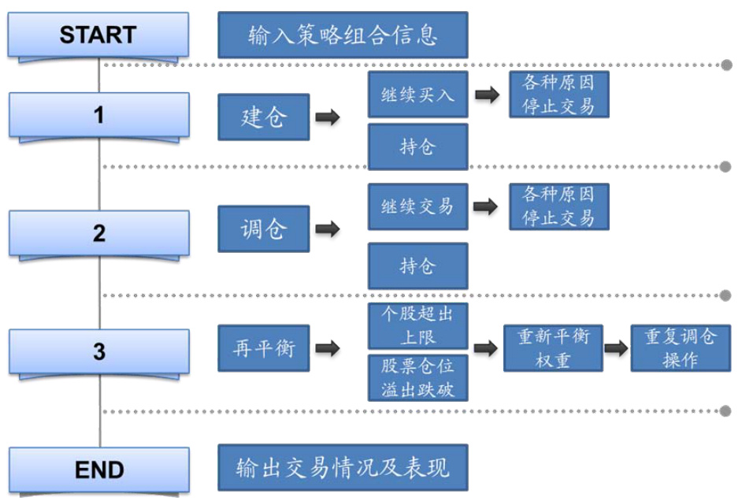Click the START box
(x=98, y=35)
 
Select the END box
(x=99, y=470)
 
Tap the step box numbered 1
(x=99, y=115)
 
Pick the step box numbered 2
(x=99, y=233)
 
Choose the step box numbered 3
(x=99, y=351)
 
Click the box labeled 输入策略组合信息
(x=343, y=35)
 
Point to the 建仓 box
(x=264, y=117)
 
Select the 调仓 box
(x=264, y=229)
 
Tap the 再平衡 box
(x=264, y=348)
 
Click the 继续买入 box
(x=417, y=95)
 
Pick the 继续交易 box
(x=417, y=207)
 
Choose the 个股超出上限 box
(x=417, y=326)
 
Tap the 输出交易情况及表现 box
(x=343, y=468)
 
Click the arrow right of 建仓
(x=328, y=118)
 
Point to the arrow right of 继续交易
(x=487, y=207)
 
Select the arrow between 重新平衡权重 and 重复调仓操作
(x=618, y=348)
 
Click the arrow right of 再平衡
(x=328, y=348)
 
